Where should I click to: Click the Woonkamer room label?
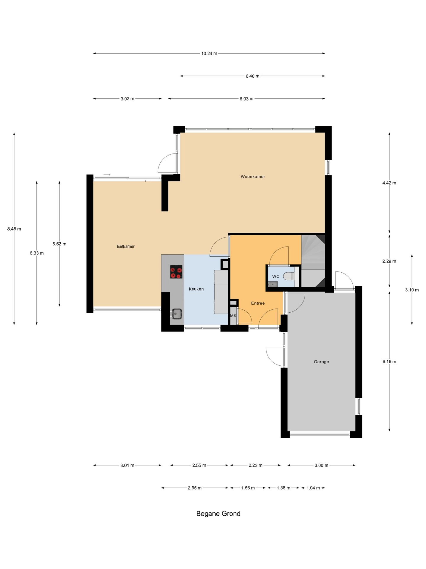253,177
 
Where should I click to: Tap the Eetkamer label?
126,246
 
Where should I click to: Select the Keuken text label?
196,289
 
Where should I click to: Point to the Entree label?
258,303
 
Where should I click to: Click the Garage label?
321,362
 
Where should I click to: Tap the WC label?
276,276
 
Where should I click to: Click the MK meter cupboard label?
233,316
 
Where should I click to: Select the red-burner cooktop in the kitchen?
176,272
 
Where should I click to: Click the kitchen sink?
176,314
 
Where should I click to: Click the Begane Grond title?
218,514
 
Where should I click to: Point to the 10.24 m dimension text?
209,54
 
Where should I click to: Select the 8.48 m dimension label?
14,229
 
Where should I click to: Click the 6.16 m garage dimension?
389,362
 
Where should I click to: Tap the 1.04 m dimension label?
313,488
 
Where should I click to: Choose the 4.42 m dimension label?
389,183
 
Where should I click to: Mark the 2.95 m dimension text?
195,488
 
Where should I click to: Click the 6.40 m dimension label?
252,76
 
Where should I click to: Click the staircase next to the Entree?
313,261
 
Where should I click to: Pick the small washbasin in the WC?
272,284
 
